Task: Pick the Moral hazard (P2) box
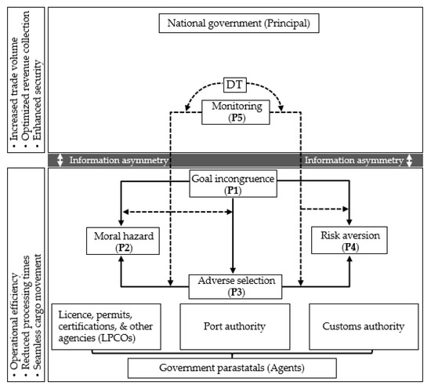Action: point(121,240)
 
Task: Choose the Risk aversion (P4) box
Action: point(348,240)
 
